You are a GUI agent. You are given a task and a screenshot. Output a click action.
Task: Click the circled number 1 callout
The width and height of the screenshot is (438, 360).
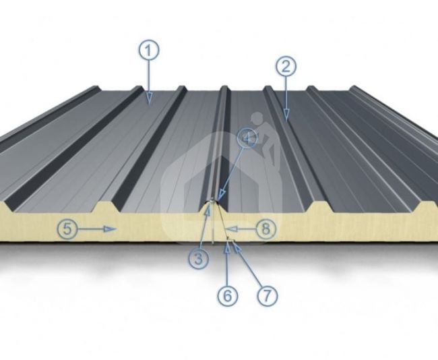pos(149,51)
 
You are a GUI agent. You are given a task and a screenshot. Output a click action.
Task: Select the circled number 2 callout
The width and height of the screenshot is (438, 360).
pos(286,67)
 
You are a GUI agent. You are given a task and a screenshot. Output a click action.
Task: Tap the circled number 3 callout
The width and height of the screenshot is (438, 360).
pos(198,259)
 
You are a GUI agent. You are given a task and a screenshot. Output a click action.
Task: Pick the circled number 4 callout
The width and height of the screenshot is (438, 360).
pos(247,138)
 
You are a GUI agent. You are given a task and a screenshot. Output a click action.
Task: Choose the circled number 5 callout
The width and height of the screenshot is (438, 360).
pos(67,229)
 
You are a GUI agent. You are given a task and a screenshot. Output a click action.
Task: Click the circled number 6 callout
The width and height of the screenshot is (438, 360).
pos(228,295)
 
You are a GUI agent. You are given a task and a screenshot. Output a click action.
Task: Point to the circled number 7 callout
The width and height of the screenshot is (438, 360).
pos(268,295)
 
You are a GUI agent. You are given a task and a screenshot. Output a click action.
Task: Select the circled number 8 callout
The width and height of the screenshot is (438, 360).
pos(266,229)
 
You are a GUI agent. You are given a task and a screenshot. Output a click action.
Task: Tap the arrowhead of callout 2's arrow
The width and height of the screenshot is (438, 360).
pos(286,115)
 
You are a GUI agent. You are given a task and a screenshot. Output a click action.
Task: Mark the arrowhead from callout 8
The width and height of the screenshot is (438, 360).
pos(231,229)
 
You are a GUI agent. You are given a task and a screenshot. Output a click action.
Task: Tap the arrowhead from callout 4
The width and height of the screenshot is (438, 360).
pos(221,195)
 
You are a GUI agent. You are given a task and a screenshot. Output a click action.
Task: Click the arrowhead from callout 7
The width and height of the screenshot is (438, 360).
pos(237,246)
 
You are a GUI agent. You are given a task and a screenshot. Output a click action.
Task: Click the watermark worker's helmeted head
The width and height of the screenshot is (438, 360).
pos(257,118)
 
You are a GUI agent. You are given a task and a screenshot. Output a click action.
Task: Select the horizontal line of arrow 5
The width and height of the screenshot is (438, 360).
pos(91,229)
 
